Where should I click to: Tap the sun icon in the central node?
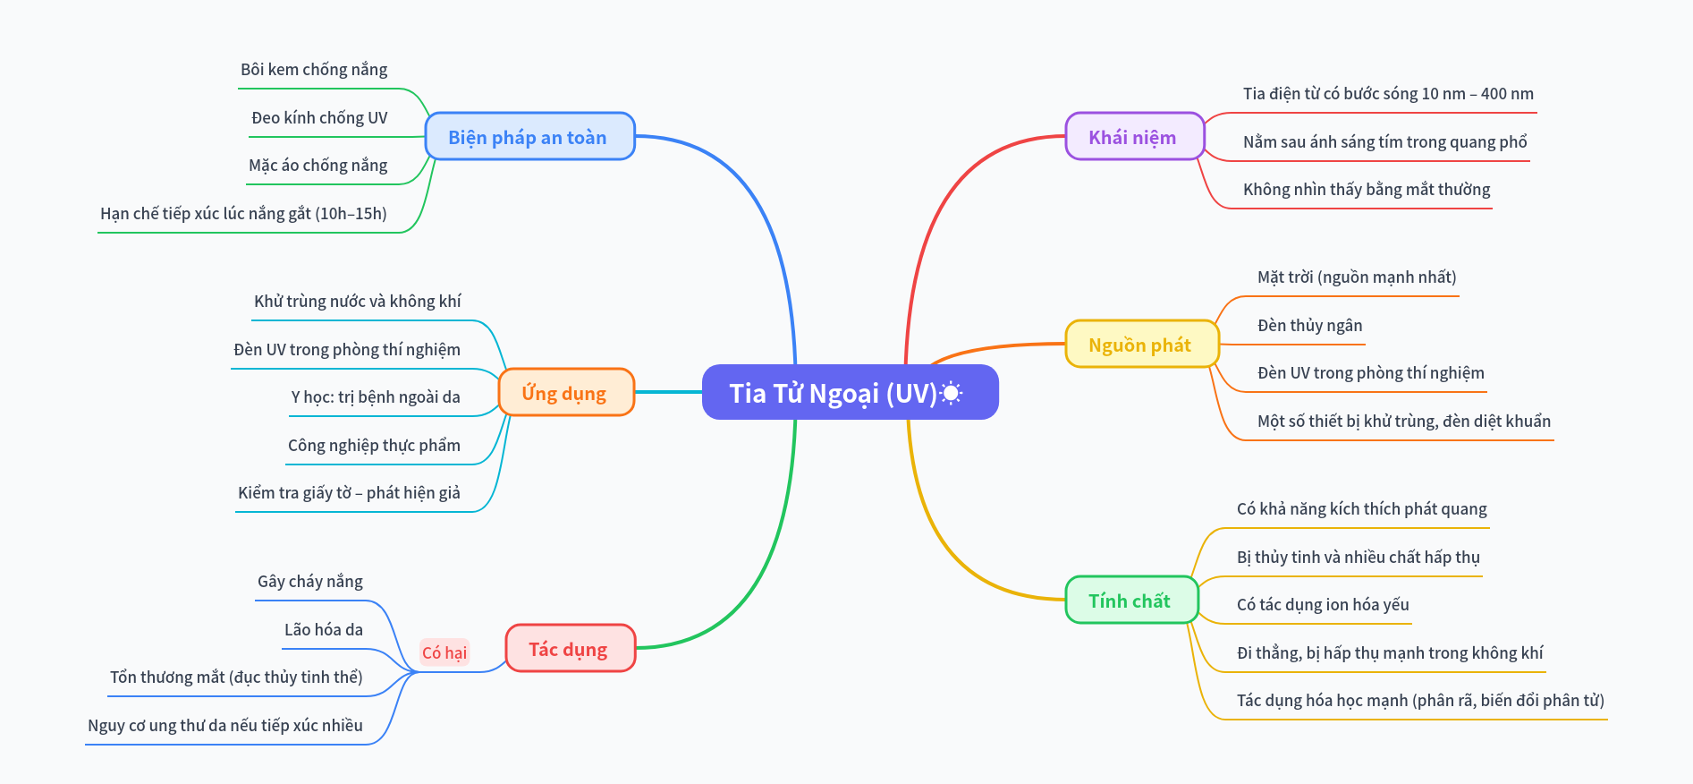click(951, 393)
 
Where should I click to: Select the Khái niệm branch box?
click(1134, 137)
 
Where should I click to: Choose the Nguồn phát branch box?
click(1141, 345)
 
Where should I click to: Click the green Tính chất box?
click(1130, 601)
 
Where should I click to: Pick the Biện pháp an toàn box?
click(529, 137)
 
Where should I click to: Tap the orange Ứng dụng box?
click(565, 393)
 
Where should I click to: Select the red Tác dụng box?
click(570, 649)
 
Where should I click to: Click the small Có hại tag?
click(444, 652)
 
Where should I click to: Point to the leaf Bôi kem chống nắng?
click(314, 70)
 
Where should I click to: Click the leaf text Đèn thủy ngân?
click(1309, 326)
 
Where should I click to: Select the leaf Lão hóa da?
click(324, 630)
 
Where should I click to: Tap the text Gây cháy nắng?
click(310, 582)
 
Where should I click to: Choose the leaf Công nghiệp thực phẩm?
click(374, 446)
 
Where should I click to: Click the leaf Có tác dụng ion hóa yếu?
click(1323, 605)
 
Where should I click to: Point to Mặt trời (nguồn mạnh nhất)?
click(1357, 277)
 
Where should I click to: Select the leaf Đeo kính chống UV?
click(319, 118)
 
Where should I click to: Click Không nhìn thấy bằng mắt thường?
click(1367, 190)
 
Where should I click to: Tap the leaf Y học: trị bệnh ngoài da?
click(376, 397)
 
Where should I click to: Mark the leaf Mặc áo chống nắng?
click(318, 166)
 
